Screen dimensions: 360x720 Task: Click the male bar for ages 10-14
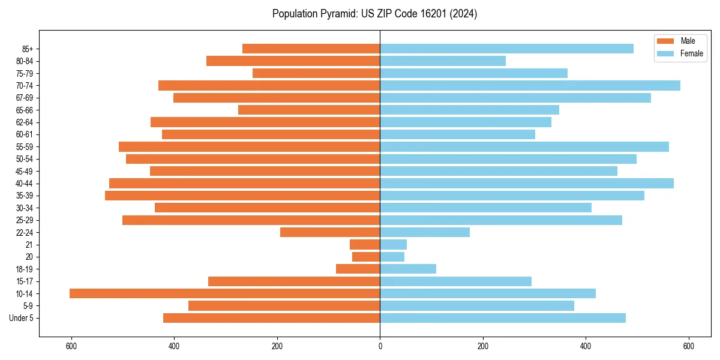224,293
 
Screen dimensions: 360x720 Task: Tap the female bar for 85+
506,49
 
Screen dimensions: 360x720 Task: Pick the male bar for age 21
365,244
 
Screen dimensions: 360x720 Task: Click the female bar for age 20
392,257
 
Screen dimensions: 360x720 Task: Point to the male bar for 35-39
242,196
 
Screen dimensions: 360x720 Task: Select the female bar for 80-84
443,61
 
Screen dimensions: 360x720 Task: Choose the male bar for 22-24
330,232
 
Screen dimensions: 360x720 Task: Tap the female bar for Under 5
503,318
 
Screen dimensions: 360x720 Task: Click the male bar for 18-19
358,269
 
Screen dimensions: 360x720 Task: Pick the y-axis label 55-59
24,146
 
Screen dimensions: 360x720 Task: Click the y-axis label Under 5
22,318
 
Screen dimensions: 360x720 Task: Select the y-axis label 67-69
24,98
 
